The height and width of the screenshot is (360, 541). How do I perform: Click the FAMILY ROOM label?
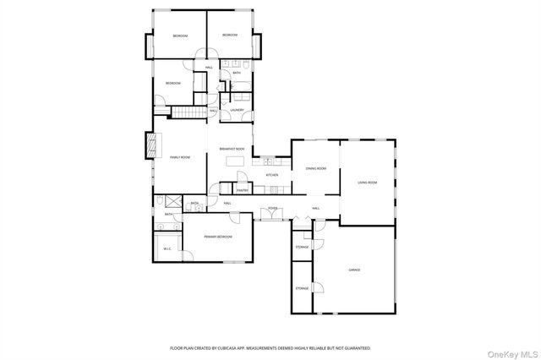(x=179, y=157)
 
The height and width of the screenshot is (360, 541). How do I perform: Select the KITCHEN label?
(x=272, y=175)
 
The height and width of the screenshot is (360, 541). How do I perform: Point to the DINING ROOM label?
(x=315, y=168)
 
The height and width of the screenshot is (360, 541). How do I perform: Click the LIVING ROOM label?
(x=367, y=183)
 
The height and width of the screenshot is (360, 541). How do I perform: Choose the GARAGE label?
(x=354, y=270)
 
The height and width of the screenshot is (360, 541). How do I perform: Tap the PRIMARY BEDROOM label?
(x=217, y=237)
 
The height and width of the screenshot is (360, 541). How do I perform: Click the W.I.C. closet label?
(x=166, y=248)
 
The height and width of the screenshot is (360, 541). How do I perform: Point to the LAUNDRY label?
(x=237, y=110)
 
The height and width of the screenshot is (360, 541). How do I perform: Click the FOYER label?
(x=272, y=208)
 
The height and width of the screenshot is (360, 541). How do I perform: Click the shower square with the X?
(x=172, y=202)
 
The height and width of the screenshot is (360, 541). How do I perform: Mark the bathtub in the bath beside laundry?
(x=238, y=85)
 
